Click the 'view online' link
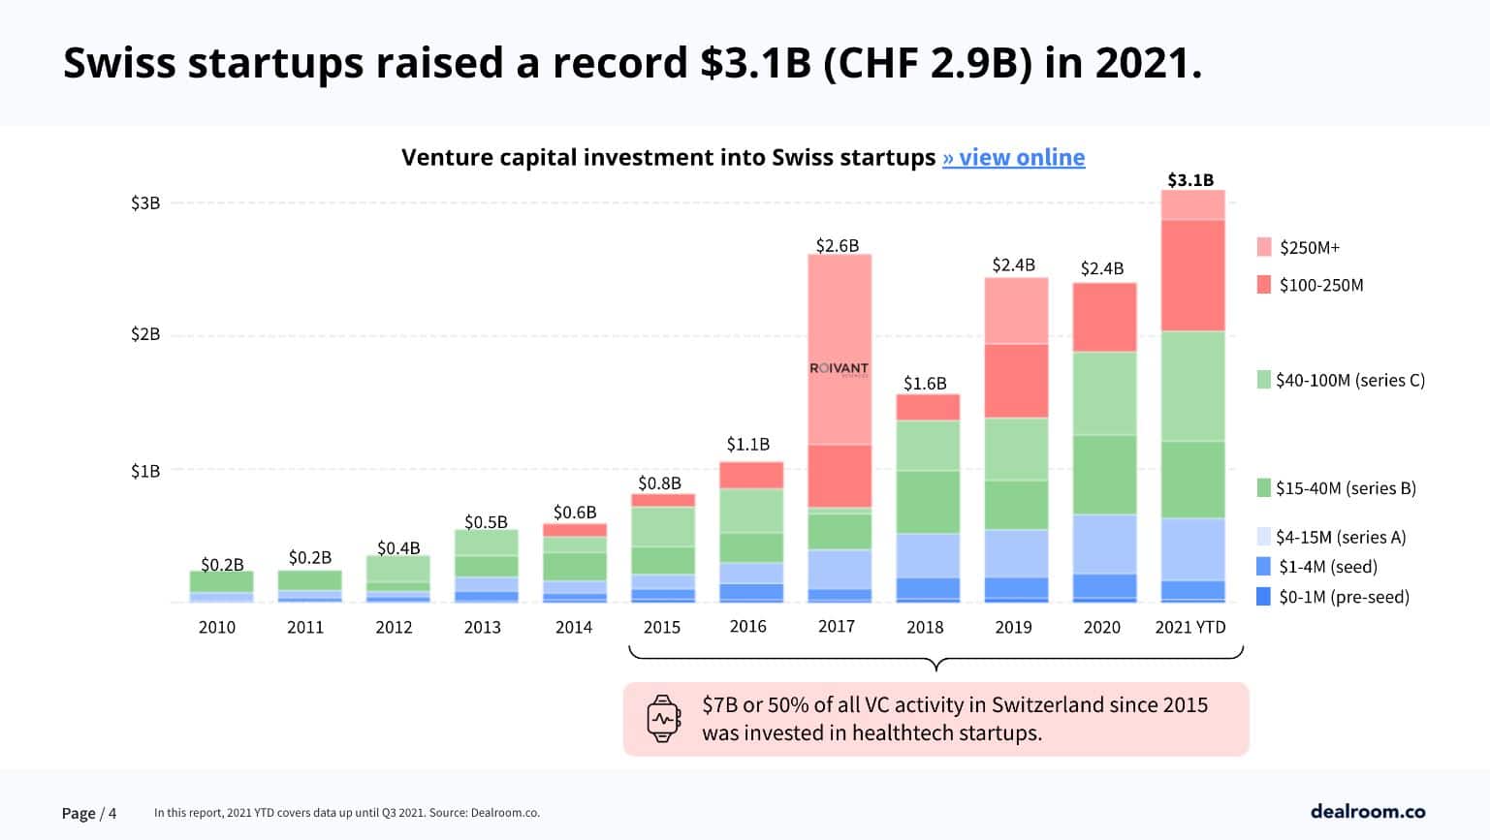(1014, 157)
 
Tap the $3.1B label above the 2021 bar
(1190, 179)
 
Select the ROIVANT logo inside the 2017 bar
(839, 369)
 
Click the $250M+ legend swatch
(1264, 247)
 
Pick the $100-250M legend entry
(1310, 285)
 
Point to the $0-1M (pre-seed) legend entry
(1333, 597)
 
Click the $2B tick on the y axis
(145, 334)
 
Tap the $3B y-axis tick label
(145, 202)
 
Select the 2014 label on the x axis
(573, 627)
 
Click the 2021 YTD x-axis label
(1190, 627)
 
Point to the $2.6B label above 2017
(838, 245)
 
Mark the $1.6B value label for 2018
(925, 383)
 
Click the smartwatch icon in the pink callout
(663, 719)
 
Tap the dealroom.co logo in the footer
(1367, 811)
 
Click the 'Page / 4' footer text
(89, 813)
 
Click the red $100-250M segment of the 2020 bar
(1103, 317)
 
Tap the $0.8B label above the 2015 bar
(659, 482)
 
